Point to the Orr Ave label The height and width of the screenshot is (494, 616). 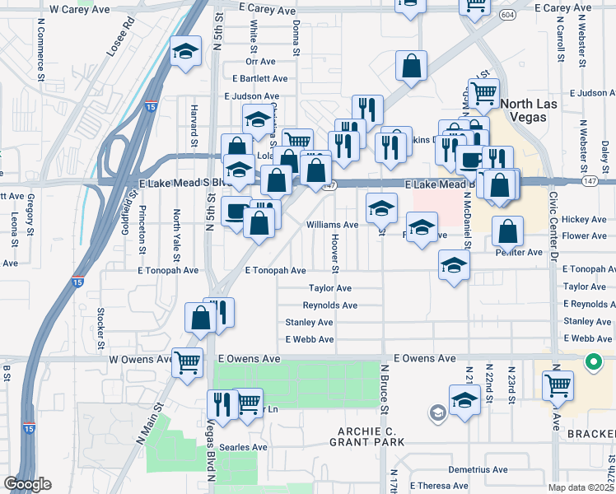tap(259, 61)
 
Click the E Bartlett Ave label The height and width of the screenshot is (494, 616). tap(259, 78)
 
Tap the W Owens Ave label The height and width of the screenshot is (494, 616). tap(134, 359)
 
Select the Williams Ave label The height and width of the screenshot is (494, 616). tap(332, 224)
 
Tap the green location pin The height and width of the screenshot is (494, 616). tap(593, 361)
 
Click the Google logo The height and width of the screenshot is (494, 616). tap(27, 484)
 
